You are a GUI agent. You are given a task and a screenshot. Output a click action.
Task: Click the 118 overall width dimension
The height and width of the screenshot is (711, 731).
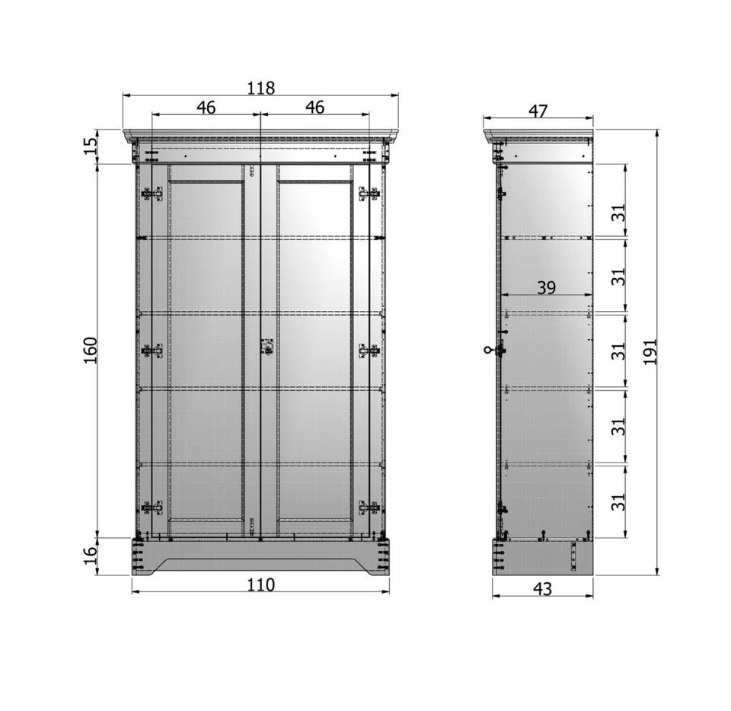261,88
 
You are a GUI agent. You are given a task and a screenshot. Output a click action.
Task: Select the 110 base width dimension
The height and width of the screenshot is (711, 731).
261,584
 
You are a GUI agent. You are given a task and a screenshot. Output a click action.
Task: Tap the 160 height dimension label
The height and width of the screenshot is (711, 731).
90,351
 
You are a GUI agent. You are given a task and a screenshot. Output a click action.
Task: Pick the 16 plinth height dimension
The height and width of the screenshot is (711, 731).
91,556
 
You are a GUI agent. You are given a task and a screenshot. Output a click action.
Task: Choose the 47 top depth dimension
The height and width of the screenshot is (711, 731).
538,111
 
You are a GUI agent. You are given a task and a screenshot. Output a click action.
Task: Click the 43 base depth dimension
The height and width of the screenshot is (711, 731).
542,589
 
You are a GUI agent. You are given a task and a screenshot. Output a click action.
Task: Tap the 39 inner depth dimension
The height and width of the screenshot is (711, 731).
547,287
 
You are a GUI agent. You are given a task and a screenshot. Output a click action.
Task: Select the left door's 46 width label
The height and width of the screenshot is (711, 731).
206,107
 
